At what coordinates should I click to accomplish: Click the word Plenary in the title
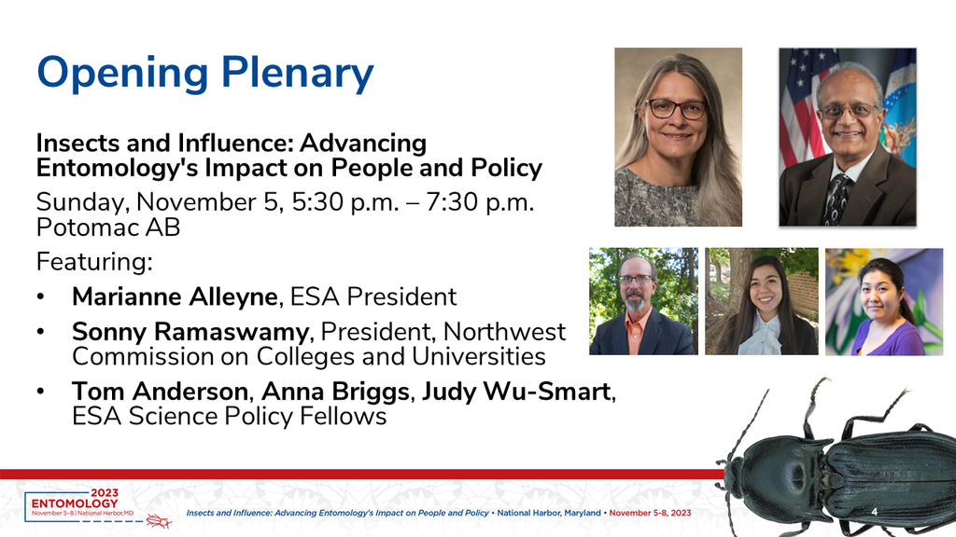coord(297,74)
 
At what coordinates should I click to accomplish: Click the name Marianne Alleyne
coord(175,297)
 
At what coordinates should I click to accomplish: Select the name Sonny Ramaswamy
coord(190,332)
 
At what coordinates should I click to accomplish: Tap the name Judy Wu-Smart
coord(515,391)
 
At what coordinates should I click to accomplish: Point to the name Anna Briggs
coord(335,392)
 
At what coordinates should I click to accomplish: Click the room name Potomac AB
coord(108,227)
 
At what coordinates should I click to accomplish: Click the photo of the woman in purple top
coord(884,301)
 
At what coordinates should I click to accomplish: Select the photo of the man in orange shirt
coord(643,301)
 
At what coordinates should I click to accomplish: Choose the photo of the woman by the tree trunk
coord(762,301)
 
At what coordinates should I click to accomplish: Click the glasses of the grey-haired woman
coord(676,109)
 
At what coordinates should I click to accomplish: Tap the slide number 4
coord(874,512)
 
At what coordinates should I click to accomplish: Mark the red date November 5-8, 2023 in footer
coord(650,513)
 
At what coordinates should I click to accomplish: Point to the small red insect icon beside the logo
coord(159,520)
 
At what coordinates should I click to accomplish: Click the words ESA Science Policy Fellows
coord(230,417)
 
